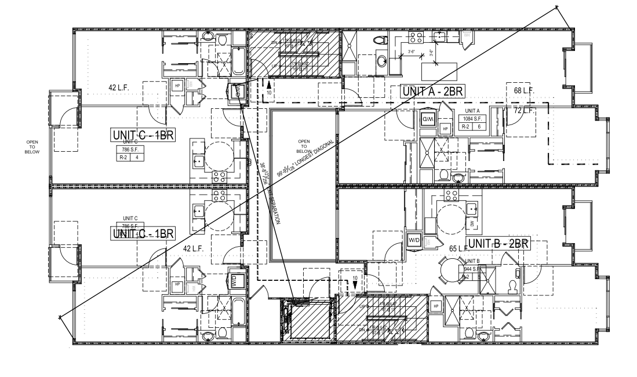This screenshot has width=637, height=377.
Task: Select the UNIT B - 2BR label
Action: pos(498,243)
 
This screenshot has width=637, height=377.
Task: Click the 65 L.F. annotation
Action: pos(458,248)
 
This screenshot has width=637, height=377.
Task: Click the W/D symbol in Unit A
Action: pos(427,119)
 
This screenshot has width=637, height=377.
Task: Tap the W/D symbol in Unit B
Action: pos(414,239)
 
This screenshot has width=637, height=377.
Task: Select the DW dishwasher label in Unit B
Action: pos(472,223)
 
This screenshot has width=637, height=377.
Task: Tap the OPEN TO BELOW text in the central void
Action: pos(304,145)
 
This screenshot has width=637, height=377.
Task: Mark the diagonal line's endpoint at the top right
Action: pos(557,8)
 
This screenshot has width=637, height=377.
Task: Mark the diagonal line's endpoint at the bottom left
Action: pos(60,316)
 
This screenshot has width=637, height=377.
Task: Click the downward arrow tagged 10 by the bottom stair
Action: pos(355,284)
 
